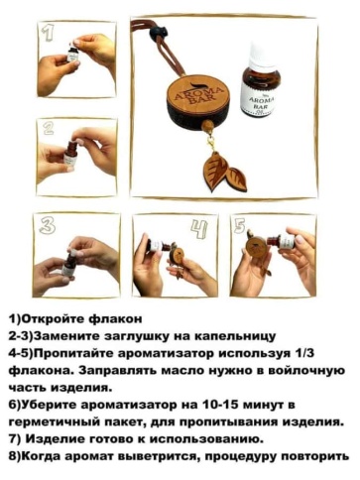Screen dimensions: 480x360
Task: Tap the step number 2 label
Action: pos(47,128)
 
